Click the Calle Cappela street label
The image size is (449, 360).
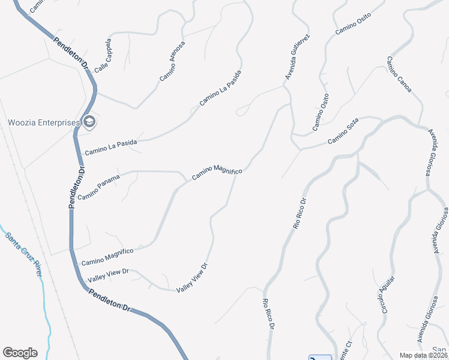103,56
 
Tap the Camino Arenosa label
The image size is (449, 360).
173,61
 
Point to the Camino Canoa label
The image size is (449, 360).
399,74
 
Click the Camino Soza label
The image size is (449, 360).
343,133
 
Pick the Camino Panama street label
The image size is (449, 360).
99,187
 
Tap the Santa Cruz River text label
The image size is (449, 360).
24,253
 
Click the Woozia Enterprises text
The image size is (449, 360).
43,122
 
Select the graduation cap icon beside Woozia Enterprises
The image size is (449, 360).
89,122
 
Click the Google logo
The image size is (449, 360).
20,353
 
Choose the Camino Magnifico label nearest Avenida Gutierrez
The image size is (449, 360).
217,172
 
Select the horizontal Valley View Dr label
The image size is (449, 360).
108,275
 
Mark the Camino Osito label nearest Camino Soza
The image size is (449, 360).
321,112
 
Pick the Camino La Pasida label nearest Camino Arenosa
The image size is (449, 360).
220,88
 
